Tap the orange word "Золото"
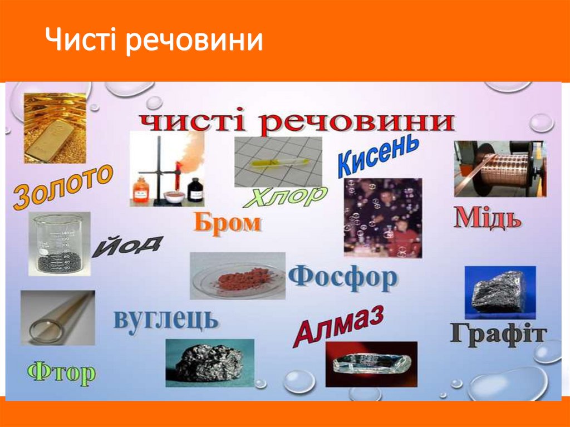click(62, 186)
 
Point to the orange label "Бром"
click(227, 223)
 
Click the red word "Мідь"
click(488, 218)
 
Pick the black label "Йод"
click(127, 246)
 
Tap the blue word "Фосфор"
click(343, 277)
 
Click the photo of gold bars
click(55, 127)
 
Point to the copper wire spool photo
click(500, 168)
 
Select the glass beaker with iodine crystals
click(59, 244)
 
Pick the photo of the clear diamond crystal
click(371, 364)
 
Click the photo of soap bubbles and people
click(382, 217)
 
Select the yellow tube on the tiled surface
click(278, 161)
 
